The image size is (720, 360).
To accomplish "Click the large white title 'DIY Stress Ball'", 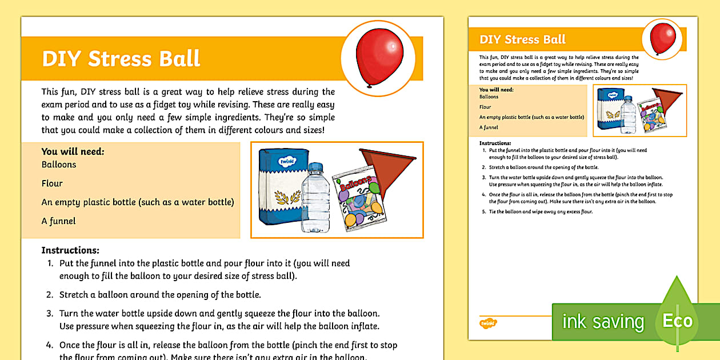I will coord(121,59).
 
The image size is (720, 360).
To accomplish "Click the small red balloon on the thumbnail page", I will coord(662,38).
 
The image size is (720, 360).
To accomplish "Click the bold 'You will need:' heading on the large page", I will coord(73,152).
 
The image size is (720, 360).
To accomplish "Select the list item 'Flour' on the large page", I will coord(52,183).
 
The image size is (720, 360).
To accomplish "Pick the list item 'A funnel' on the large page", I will coord(58,221).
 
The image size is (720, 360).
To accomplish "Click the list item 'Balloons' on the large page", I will coord(59,165).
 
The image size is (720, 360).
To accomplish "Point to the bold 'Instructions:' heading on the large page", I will coord(70,250).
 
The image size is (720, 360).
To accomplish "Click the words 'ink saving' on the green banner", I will coord(603,322).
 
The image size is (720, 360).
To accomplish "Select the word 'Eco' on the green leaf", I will coord(677,321).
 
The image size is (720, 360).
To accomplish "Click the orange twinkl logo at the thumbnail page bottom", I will coord(488,323).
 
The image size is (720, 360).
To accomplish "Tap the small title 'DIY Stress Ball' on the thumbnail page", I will coord(522,39).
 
